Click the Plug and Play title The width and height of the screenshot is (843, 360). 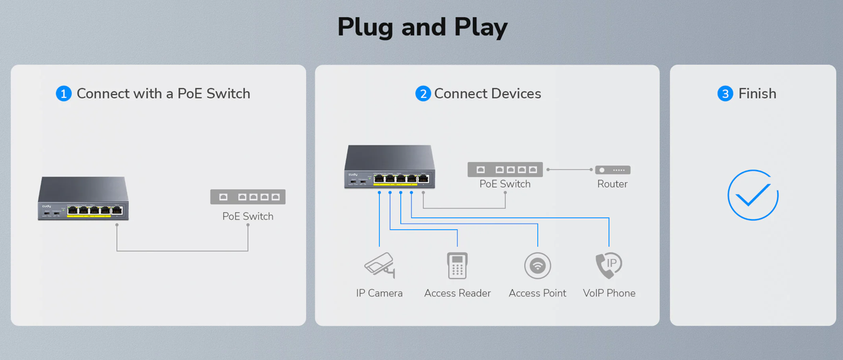[422, 27]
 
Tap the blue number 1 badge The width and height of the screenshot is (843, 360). [63, 94]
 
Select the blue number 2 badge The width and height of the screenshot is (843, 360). [423, 94]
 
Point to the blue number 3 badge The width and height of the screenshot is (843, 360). [724, 94]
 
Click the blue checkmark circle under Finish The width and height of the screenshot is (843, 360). [753, 195]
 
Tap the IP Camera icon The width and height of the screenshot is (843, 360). [380, 265]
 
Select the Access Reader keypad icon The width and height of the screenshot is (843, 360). [457, 265]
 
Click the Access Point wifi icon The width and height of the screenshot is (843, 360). [537, 266]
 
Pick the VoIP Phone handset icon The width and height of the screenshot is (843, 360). [608, 265]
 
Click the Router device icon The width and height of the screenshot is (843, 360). [613, 170]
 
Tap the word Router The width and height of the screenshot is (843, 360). [612, 184]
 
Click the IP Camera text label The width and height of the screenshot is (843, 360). [379, 293]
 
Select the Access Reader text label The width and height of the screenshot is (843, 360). [457, 293]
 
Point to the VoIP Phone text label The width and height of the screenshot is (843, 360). [609, 293]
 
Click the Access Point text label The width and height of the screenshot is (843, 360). [537, 293]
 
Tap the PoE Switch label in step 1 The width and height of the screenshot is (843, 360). [247, 216]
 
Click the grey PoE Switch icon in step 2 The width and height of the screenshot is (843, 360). [505, 169]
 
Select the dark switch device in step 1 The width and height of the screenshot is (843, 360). [83, 198]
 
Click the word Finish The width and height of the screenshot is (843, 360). [757, 94]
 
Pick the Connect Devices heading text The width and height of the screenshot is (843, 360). [487, 94]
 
